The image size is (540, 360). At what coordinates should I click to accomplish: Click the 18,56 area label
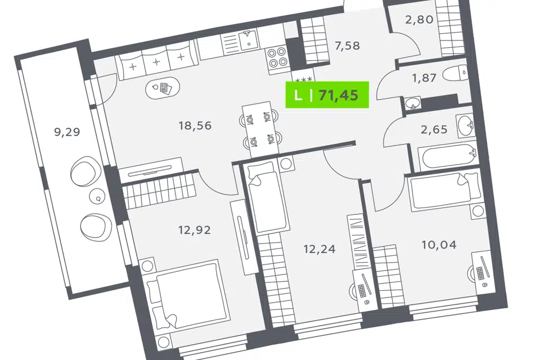click(x=195, y=125)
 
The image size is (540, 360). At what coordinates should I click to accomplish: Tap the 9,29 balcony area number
click(x=67, y=132)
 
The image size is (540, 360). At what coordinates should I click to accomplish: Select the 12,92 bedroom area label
click(x=195, y=229)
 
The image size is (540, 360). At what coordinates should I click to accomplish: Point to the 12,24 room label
click(x=319, y=249)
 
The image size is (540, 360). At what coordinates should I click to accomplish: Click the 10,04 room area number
click(x=439, y=245)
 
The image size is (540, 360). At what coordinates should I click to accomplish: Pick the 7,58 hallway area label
click(x=347, y=45)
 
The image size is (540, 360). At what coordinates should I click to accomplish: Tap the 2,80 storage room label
click(x=419, y=19)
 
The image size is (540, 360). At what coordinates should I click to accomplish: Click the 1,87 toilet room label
click(x=424, y=78)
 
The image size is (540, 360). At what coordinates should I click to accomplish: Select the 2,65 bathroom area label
click(x=434, y=129)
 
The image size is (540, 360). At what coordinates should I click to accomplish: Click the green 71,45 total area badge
click(x=327, y=94)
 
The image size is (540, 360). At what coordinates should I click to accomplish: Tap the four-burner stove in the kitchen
click(x=277, y=57)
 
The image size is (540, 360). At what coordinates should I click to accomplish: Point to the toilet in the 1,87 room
click(x=455, y=73)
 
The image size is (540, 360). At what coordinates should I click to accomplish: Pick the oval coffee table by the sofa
click(x=163, y=88)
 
